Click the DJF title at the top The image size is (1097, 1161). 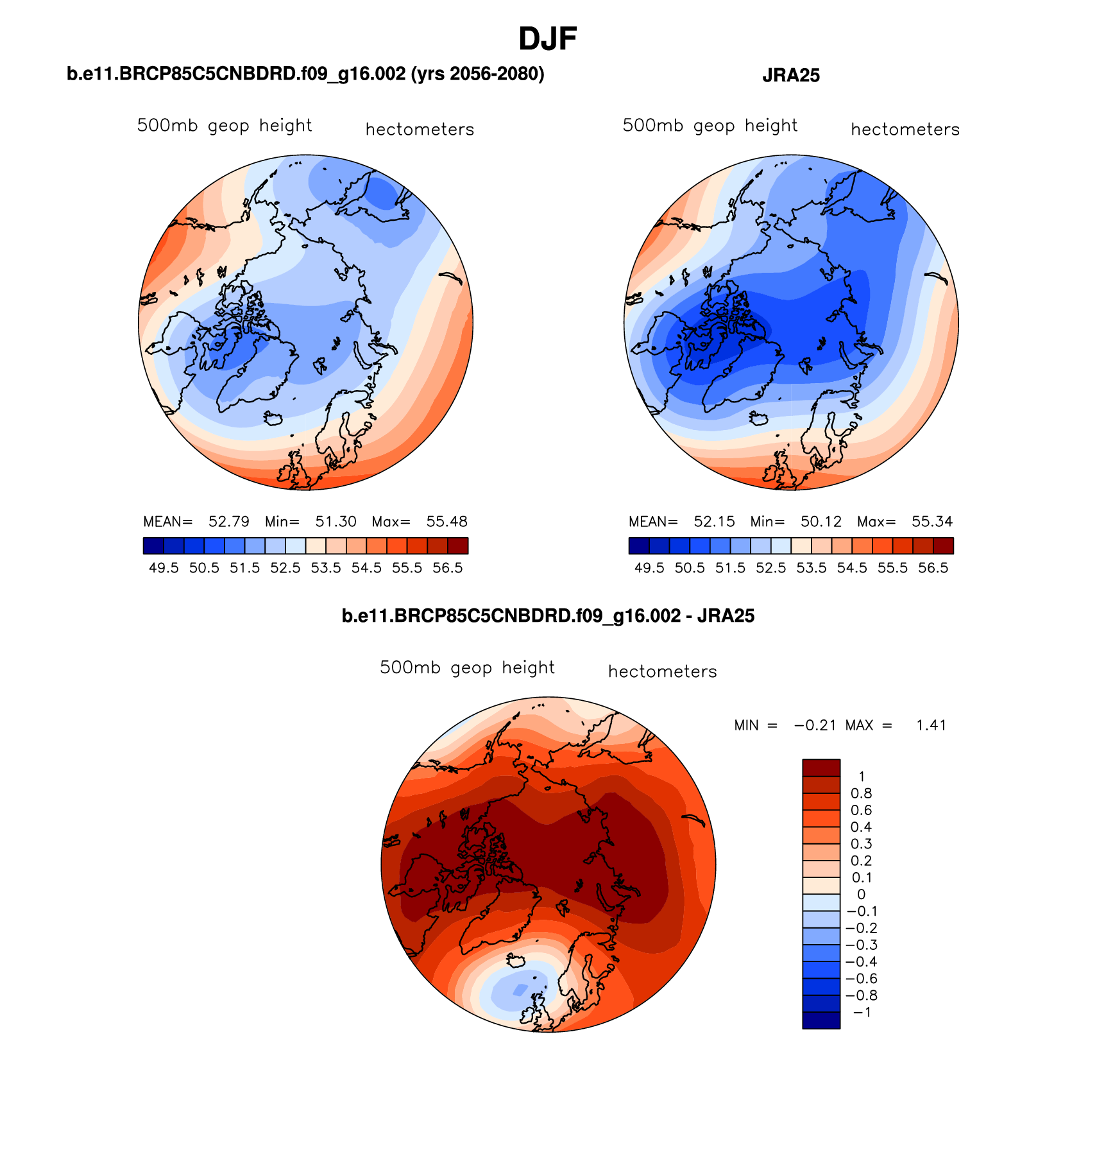[547, 39]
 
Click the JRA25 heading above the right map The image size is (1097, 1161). [790, 76]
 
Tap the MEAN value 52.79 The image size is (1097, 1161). [229, 521]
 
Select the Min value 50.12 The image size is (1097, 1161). [821, 521]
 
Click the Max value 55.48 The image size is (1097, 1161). [446, 521]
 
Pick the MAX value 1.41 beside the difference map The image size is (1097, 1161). [931, 725]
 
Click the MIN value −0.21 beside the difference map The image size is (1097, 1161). [815, 725]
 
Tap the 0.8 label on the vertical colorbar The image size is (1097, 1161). [861, 793]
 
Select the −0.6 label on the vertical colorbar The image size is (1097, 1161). [861, 979]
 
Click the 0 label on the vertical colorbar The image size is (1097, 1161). [861, 895]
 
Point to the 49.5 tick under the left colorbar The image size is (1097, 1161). [164, 568]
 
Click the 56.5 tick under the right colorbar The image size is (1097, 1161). [933, 568]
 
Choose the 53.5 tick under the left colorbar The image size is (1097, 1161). [326, 568]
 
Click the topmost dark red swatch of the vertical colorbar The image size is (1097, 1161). [821, 768]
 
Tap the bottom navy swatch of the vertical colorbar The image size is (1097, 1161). [821, 1020]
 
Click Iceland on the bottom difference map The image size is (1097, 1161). [516, 961]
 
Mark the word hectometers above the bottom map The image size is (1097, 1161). [662, 672]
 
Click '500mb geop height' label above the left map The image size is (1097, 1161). [225, 126]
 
